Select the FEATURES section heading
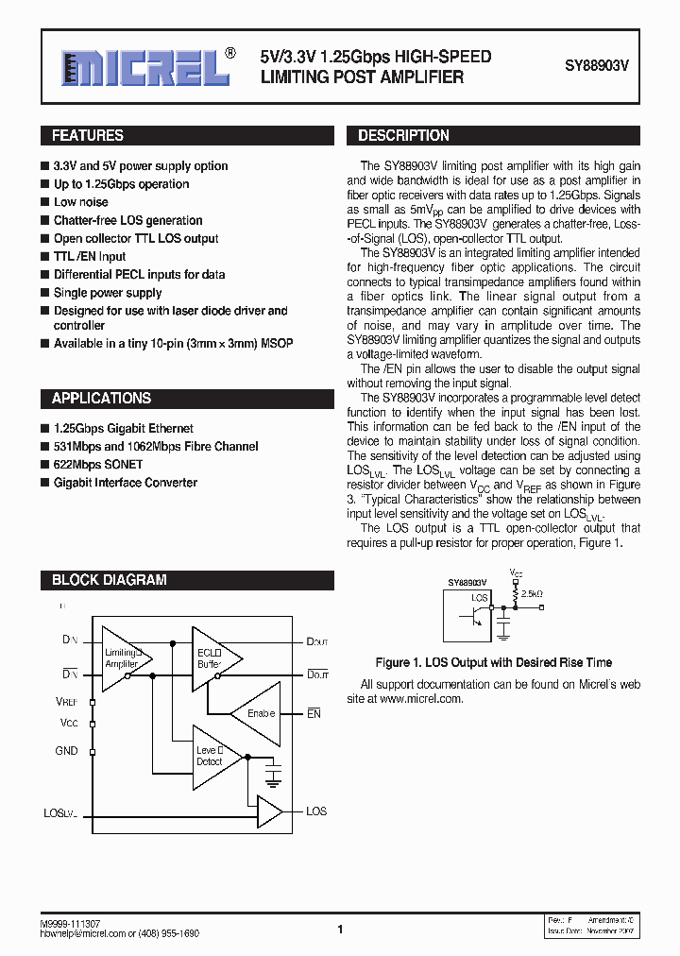coord(88,136)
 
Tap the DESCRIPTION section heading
coord(403,136)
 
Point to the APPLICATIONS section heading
coord(101,399)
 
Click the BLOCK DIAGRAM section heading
coord(109,580)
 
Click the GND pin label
coord(66,751)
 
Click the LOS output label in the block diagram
coord(316,811)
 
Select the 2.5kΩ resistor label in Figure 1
coord(533,593)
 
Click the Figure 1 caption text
coord(493,662)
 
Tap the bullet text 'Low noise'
coord(80,202)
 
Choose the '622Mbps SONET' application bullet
coord(98,465)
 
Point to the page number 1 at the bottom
coord(339,930)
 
